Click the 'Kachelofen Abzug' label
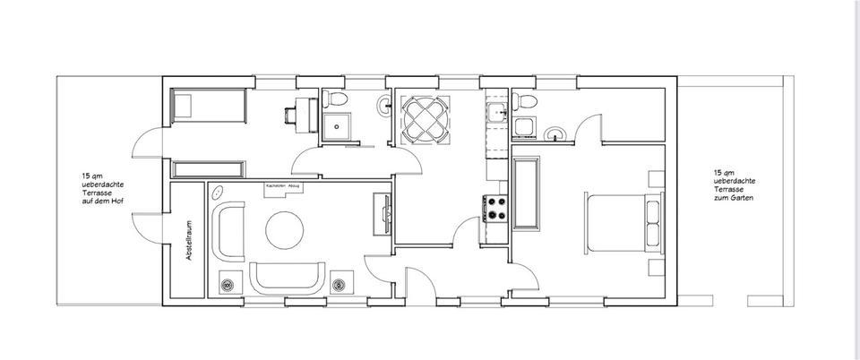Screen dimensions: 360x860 pos(281,186)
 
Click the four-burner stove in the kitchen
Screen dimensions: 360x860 pos(495,209)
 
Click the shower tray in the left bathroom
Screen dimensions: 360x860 pos(338,127)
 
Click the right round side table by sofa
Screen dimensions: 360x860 pos(340,285)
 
